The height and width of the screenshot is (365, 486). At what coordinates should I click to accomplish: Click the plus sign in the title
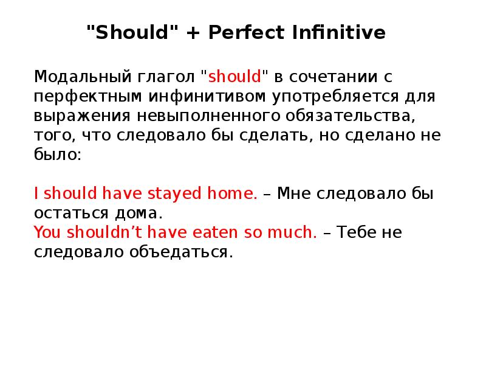[191, 33]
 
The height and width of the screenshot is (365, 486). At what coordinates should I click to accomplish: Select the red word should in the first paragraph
[234, 77]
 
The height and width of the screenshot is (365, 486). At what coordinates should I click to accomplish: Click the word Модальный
[74, 77]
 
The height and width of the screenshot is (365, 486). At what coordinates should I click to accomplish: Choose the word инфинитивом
[198, 97]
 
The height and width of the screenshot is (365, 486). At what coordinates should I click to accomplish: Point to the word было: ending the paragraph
[57, 155]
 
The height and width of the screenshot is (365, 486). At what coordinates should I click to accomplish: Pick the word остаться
[70, 214]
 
